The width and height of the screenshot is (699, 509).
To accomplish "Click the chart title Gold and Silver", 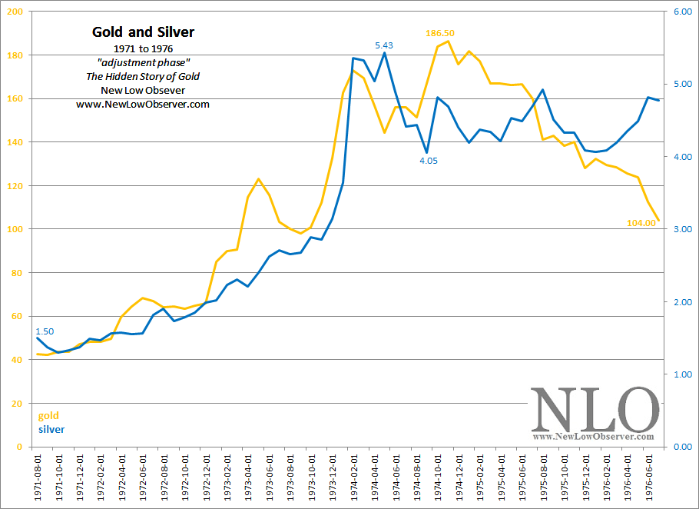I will coord(143,32).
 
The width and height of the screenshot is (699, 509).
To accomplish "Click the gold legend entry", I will coord(48,416).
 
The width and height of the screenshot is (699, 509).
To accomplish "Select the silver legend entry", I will coord(51,429).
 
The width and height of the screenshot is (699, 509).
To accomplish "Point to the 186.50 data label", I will coord(440,33).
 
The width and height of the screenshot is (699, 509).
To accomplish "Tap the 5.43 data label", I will coord(384,46).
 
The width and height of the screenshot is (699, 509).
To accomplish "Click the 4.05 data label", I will coord(428,161).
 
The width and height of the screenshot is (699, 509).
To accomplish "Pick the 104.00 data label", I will coord(641,223).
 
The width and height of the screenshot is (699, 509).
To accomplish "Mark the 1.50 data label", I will coord(45,331).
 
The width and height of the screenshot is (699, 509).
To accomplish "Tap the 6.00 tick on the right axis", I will coord(684,12).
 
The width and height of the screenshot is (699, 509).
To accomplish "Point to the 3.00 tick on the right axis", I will coord(684,230).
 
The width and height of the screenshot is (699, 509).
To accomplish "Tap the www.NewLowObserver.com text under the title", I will coord(143,105).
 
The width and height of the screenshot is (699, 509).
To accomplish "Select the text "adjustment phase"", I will coord(143,62).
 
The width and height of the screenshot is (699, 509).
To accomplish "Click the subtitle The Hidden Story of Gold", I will coord(143,76).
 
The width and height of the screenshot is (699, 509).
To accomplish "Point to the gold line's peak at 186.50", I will coord(449,41).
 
